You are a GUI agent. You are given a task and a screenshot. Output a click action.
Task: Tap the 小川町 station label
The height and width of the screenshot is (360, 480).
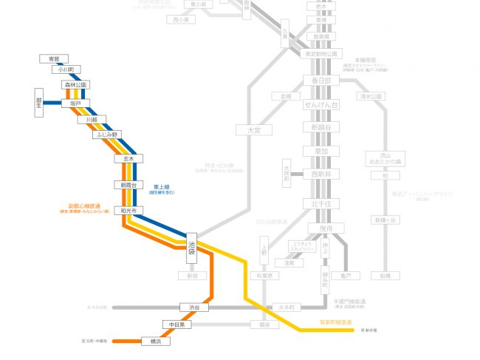tap(65, 70)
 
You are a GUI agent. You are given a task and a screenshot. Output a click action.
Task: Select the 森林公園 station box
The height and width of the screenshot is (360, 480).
tap(75, 85)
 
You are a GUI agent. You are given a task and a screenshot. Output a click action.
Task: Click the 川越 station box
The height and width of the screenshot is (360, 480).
tap(92, 119)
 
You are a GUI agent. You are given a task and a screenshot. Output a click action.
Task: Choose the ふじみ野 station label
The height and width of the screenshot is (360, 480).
tap(106, 135)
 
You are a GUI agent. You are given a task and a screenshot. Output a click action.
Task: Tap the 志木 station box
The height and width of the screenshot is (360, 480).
tap(128, 158)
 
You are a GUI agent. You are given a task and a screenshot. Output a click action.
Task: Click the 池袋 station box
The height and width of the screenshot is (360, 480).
tap(192, 248)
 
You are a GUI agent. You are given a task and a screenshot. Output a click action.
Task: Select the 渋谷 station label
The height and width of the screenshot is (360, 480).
tap(194, 307)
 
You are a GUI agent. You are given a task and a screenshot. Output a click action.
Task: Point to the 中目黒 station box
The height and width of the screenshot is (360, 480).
tap(177, 325)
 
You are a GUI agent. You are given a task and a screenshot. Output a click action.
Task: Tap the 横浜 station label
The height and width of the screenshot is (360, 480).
tap(156, 342)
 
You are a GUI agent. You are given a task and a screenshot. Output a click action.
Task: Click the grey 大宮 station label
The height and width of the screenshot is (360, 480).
tap(253, 129)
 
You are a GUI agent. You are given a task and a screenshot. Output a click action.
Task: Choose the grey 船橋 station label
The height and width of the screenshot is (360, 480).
tap(385, 275)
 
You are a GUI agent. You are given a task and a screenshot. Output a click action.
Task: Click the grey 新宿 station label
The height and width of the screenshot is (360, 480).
tap(193, 276)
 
